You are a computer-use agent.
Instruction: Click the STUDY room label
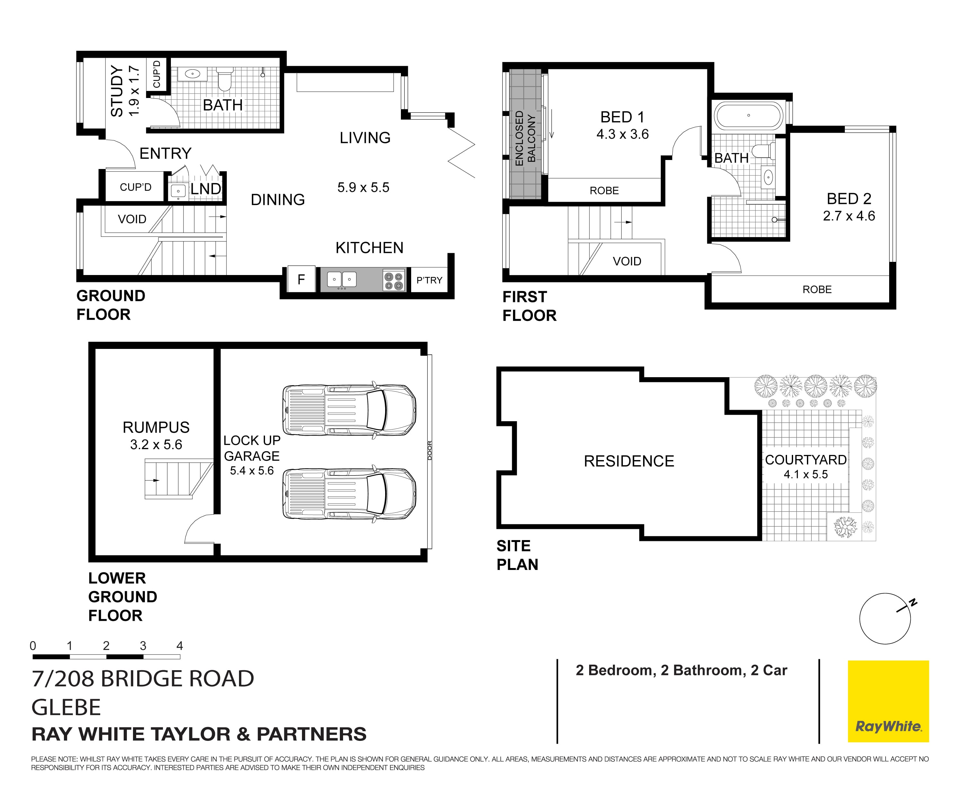tap(117, 91)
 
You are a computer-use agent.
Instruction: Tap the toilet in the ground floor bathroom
tap(225, 79)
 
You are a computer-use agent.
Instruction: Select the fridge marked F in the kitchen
tap(301, 279)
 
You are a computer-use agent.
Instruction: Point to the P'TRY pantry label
tap(429, 280)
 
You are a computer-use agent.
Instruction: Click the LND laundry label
tap(206, 189)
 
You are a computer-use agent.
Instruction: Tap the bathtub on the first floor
tap(748, 116)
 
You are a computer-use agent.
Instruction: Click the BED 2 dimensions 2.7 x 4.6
tap(849, 216)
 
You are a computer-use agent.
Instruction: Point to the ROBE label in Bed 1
tap(604, 191)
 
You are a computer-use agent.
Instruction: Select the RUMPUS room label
tap(156, 427)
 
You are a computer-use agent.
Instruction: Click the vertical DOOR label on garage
tap(429, 450)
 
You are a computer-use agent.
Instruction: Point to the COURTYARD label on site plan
tap(805, 460)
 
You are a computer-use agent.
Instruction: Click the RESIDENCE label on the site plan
tap(629, 461)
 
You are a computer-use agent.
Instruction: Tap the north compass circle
tap(885, 618)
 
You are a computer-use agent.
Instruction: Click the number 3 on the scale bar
tap(143, 646)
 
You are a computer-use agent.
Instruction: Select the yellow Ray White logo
tap(888, 701)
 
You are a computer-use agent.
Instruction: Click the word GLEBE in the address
tap(66, 707)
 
